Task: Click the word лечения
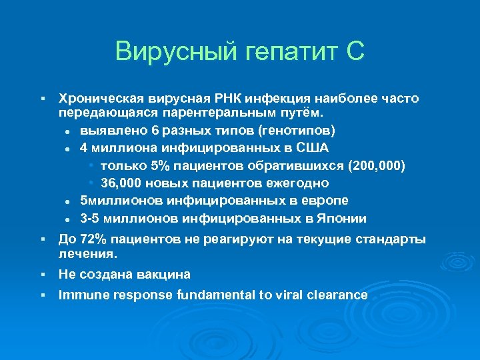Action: (87, 254)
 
